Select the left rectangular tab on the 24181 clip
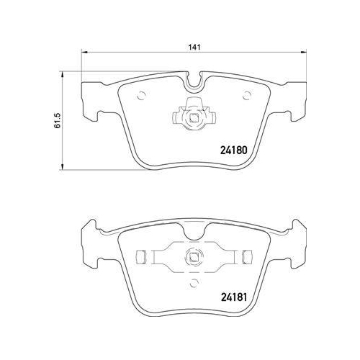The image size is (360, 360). tap(142, 256)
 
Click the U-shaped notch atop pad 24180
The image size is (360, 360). tap(194, 83)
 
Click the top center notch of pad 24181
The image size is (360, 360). tap(194, 228)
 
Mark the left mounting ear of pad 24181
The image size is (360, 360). tap(91, 240)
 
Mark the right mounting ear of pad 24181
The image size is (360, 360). tap(296, 240)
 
